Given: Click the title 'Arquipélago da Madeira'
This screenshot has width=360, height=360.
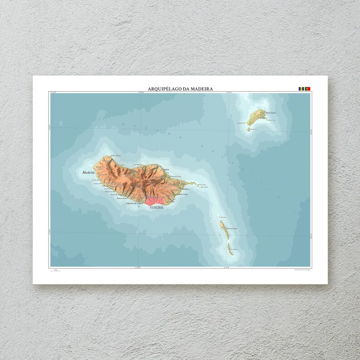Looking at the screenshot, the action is (180, 89).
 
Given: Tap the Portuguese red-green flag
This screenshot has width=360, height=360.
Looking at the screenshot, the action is (307, 88).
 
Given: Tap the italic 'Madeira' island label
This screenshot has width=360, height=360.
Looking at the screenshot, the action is (88, 172).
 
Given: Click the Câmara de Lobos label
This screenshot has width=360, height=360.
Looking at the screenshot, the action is (135, 204).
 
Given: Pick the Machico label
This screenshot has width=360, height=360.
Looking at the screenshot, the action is (185, 188).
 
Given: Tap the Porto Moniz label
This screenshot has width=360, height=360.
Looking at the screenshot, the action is (116, 156).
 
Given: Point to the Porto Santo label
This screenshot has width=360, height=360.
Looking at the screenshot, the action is (271, 113).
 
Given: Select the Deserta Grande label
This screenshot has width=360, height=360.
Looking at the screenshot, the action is (232, 228).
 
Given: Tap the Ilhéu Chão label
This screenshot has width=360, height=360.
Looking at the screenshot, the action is (223, 217).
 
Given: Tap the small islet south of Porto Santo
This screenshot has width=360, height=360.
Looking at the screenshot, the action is (248, 129).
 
